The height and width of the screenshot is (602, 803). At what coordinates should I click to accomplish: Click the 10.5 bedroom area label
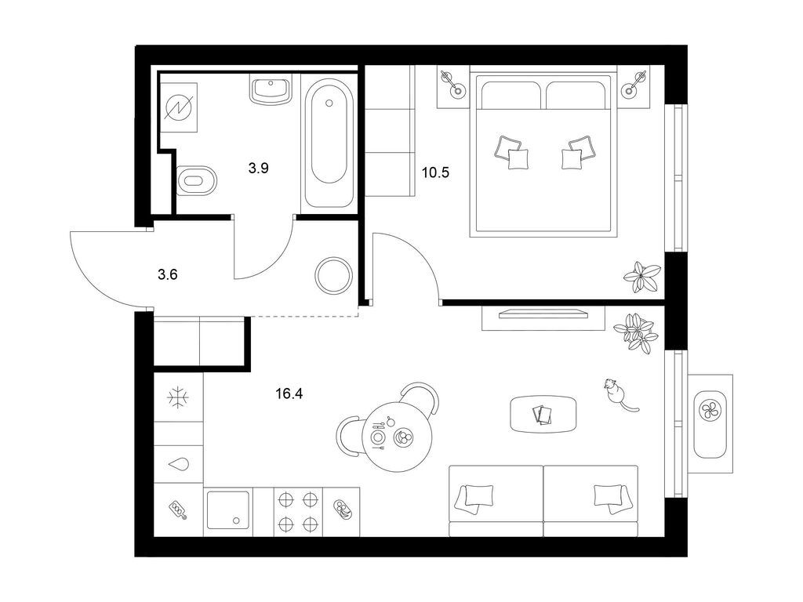pyautogui.click(x=435, y=172)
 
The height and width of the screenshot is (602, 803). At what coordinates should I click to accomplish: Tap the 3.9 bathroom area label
pyautogui.click(x=259, y=168)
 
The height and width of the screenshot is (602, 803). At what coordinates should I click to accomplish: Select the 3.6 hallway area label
pyautogui.click(x=168, y=275)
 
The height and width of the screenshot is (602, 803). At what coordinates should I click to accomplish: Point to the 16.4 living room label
pyautogui.click(x=289, y=393)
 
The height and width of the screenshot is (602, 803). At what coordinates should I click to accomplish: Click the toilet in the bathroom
pyautogui.click(x=195, y=180)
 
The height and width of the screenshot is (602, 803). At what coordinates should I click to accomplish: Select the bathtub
pyautogui.click(x=329, y=143)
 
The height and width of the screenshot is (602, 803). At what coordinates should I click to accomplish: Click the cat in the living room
pyautogui.click(x=618, y=394)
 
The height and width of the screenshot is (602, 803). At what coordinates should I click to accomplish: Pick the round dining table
pyautogui.click(x=397, y=437)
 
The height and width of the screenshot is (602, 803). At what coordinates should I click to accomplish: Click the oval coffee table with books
pyautogui.click(x=543, y=414)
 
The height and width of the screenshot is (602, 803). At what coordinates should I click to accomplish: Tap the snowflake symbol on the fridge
pyautogui.click(x=179, y=397)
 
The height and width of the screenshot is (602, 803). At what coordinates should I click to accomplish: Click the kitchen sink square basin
pyautogui.click(x=228, y=511)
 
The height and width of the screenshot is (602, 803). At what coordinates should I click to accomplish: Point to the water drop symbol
pyautogui.click(x=179, y=464)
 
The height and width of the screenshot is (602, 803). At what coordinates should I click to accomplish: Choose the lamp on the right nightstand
pyautogui.click(x=633, y=85)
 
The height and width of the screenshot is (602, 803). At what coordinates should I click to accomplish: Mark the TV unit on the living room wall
pyautogui.click(x=543, y=318)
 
